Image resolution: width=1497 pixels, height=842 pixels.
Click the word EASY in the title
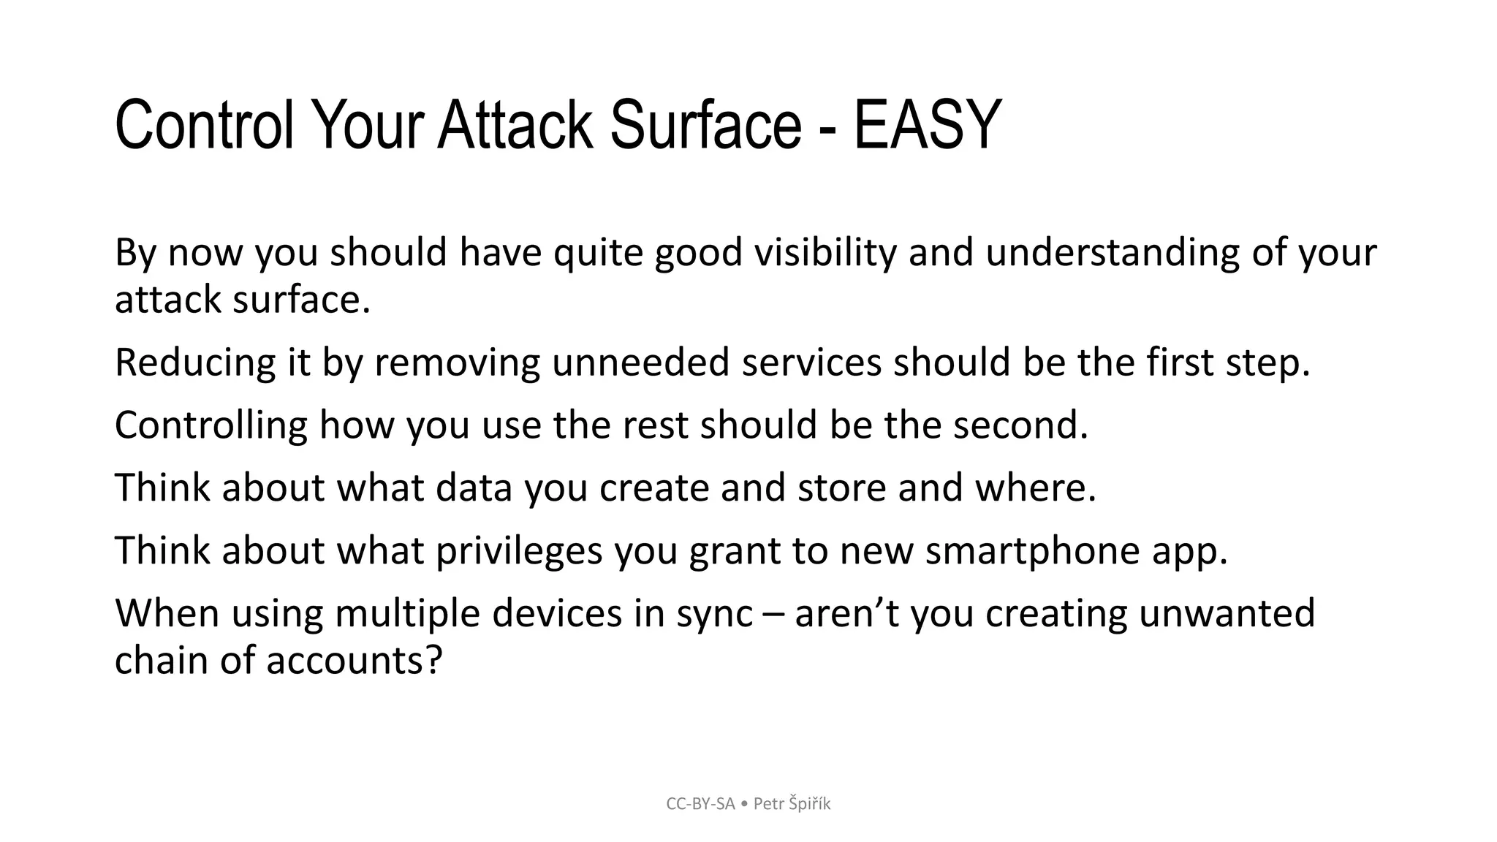click(x=927, y=126)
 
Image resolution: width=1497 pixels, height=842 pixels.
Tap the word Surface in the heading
click(x=705, y=126)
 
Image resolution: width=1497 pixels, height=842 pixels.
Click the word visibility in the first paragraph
click(x=825, y=253)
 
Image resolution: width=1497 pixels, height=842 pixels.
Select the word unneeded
click(x=640, y=363)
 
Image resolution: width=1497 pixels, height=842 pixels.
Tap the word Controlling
click(x=211, y=425)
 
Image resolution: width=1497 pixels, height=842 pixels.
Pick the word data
click(x=474, y=488)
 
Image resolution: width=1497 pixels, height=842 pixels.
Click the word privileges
click(x=519, y=551)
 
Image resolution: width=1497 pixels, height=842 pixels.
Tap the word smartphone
click(x=1032, y=551)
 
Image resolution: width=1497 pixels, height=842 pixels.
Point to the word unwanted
click(x=1227, y=614)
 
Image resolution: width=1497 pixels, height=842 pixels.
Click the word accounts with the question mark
click(x=354, y=661)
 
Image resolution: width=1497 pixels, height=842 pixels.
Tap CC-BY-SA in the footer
click(x=700, y=804)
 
